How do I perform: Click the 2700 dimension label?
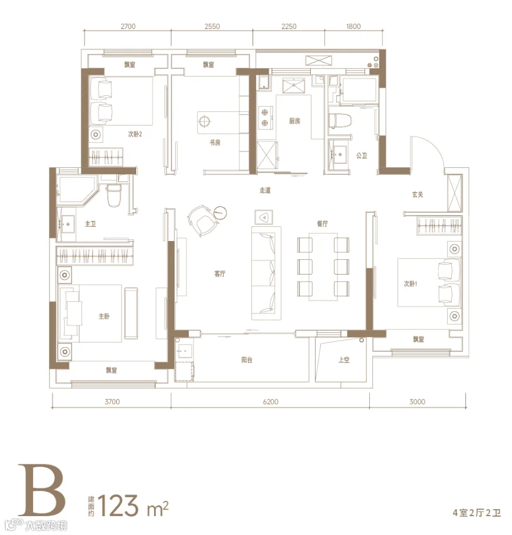pyautogui.click(x=128, y=27)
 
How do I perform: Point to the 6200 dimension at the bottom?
pyautogui.click(x=271, y=402)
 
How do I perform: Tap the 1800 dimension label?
pyautogui.click(x=353, y=27)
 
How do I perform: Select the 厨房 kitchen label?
pyautogui.click(x=294, y=121)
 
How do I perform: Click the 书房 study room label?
pyautogui.click(x=215, y=143)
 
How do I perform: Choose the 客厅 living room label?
pyautogui.click(x=220, y=273)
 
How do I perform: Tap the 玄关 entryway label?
pyautogui.click(x=418, y=194)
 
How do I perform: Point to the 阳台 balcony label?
pyautogui.click(x=247, y=359)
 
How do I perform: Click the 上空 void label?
pyautogui.click(x=344, y=359)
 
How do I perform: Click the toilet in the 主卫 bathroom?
pyautogui.click(x=114, y=196)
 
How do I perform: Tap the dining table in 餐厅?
pyautogui.click(x=323, y=266)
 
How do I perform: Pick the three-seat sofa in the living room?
pyautogui.click(x=266, y=273)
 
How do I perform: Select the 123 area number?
pyautogui.click(x=119, y=506)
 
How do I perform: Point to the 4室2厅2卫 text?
pyautogui.click(x=477, y=513)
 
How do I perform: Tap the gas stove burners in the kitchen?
pyautogui.click(x=265, y=117)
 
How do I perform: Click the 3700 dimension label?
pyautogui.click(x=112, y=402)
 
